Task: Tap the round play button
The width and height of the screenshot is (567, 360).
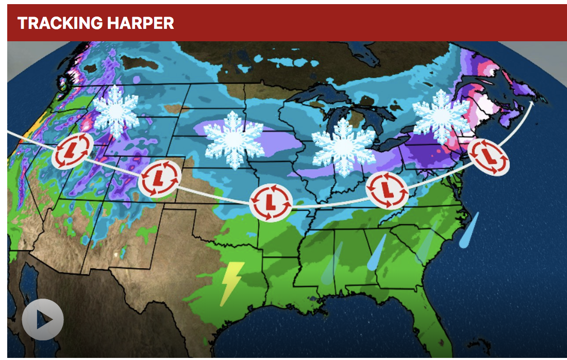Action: [x=42, y=319]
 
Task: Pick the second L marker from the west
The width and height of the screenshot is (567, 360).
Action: [x=160, y=179]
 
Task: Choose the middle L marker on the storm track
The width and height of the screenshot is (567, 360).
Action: [x=271, y=201]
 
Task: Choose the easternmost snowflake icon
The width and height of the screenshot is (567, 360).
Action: [x=442, y=117]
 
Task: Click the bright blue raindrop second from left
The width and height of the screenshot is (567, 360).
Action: [x=377, y=253]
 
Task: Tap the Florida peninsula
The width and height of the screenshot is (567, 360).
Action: [x=429, y=320]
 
